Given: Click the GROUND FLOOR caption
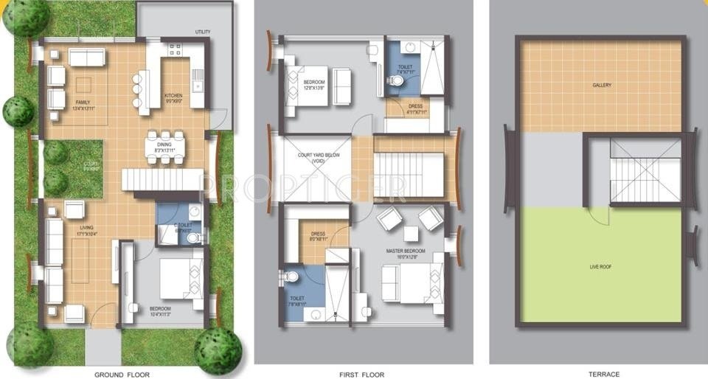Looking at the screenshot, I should tap(122, 374).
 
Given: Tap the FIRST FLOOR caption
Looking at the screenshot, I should tap(363, 374).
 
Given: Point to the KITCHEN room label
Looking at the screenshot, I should tap(173, 97).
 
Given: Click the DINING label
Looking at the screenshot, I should tap(164, 147).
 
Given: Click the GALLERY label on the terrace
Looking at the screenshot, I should tap(602, 85).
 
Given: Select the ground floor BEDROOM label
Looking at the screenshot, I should tap(160, 309).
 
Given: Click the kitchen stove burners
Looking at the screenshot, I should tap(176, 50).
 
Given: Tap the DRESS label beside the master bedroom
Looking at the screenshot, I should tap(319, 236).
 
